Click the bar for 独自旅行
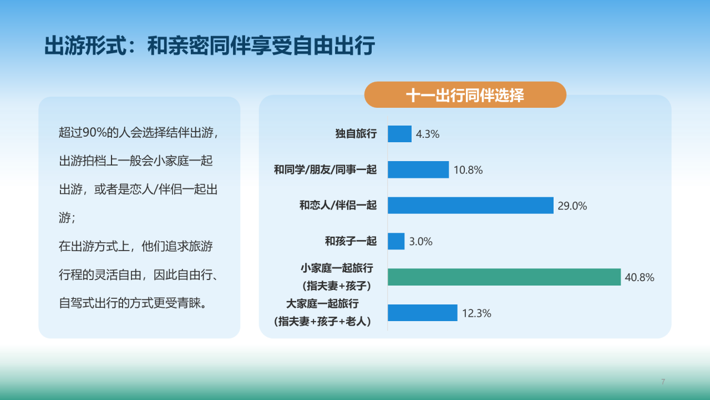tap(399, 134)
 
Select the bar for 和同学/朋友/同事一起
tap(418, 169)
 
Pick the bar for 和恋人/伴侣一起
tap(470, 205)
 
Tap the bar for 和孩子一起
tap(396, 241)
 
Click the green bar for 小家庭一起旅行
tap(504, 277)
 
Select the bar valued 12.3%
tap(422, 313)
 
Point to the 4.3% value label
tap(428, 134)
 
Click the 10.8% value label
tap(468, 170)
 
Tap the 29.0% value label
tap(572, 206)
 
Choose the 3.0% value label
tap(420, 242)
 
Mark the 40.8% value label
tap(640, 277)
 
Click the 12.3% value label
tap(476, 313)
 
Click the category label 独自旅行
tap(356, 134)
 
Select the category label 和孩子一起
tap(351, 241)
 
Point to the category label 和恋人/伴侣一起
tap(338, 206)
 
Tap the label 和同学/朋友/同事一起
tap(325, 170)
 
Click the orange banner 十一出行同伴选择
tap(465, 95)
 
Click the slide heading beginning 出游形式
tap(210, 46)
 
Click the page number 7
tap(663, 382)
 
